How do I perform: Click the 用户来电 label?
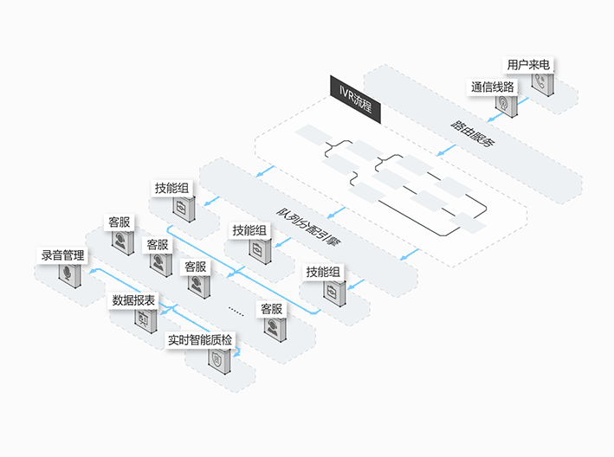(528, 65)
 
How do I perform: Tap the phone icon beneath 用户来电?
(543, 84)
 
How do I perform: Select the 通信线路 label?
(492, 87)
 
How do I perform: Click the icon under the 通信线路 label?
(507, 106)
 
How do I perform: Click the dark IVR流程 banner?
(355, 100)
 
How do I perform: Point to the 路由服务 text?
(473, 134)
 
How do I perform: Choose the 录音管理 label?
(62, 255)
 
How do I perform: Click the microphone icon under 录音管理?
(69, 275)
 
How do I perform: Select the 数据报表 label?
(133, 300)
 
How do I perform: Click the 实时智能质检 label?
(200, 339)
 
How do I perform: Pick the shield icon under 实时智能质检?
(219, 361)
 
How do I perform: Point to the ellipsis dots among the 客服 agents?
(236, 312)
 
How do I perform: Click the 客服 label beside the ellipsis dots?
(271, 309)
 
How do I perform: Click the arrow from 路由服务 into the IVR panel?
(446, 151)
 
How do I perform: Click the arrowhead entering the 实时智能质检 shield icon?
(236, 354)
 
